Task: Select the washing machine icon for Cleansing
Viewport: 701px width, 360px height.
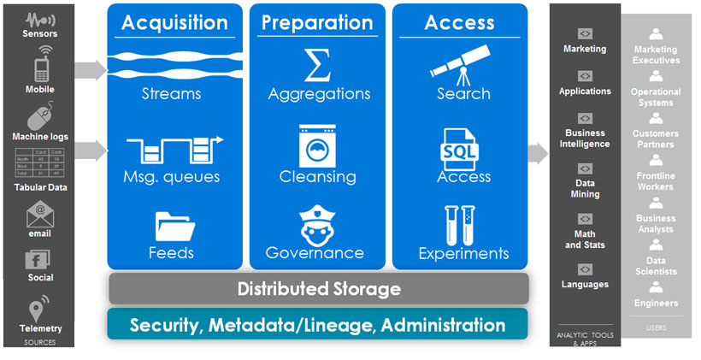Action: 318,146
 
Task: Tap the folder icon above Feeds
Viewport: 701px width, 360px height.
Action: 171,226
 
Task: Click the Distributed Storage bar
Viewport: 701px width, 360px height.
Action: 318,289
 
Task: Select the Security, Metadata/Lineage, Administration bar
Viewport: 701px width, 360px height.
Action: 318,325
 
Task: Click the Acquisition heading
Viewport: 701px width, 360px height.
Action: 174,22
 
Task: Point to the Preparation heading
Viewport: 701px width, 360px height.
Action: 318,22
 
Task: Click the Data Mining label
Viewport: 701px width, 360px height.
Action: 585,188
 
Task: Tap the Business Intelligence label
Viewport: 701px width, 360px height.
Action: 585,139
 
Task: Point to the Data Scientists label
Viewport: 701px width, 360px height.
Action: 656,266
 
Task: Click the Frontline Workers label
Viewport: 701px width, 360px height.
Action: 656,181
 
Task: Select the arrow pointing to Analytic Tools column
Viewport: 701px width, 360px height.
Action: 538,153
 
